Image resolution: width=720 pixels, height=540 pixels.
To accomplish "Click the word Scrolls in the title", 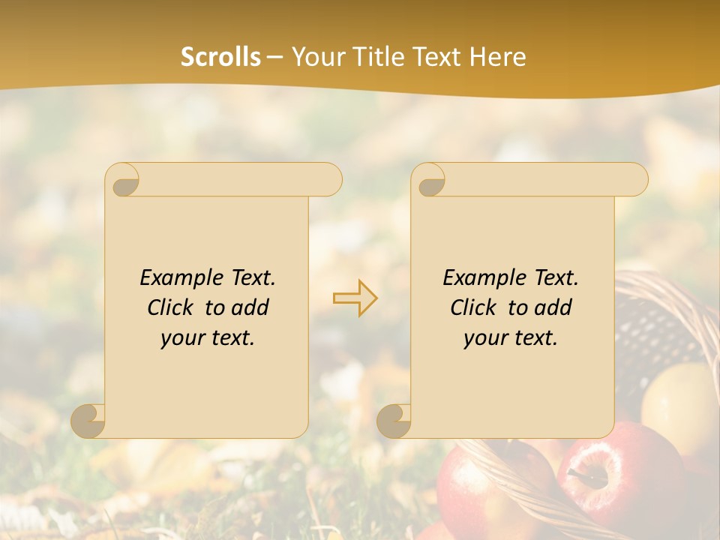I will tap(220, 57).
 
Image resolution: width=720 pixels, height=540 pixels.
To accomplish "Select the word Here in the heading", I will tap(497, 57).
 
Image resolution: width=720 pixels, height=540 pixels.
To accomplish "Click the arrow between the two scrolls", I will tap(355, 298).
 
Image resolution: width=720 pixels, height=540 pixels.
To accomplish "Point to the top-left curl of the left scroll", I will tap(123, 181).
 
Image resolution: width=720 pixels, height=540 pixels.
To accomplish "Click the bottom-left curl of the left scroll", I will tap(88, 421).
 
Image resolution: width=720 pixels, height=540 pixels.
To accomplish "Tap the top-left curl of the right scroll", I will tap(430, 181).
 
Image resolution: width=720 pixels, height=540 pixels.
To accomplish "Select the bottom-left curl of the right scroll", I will tap(394, 421).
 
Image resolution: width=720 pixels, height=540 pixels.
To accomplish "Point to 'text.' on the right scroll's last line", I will tap(533, 337).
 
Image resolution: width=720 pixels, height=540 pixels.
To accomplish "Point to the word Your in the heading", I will tap(316, 57).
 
